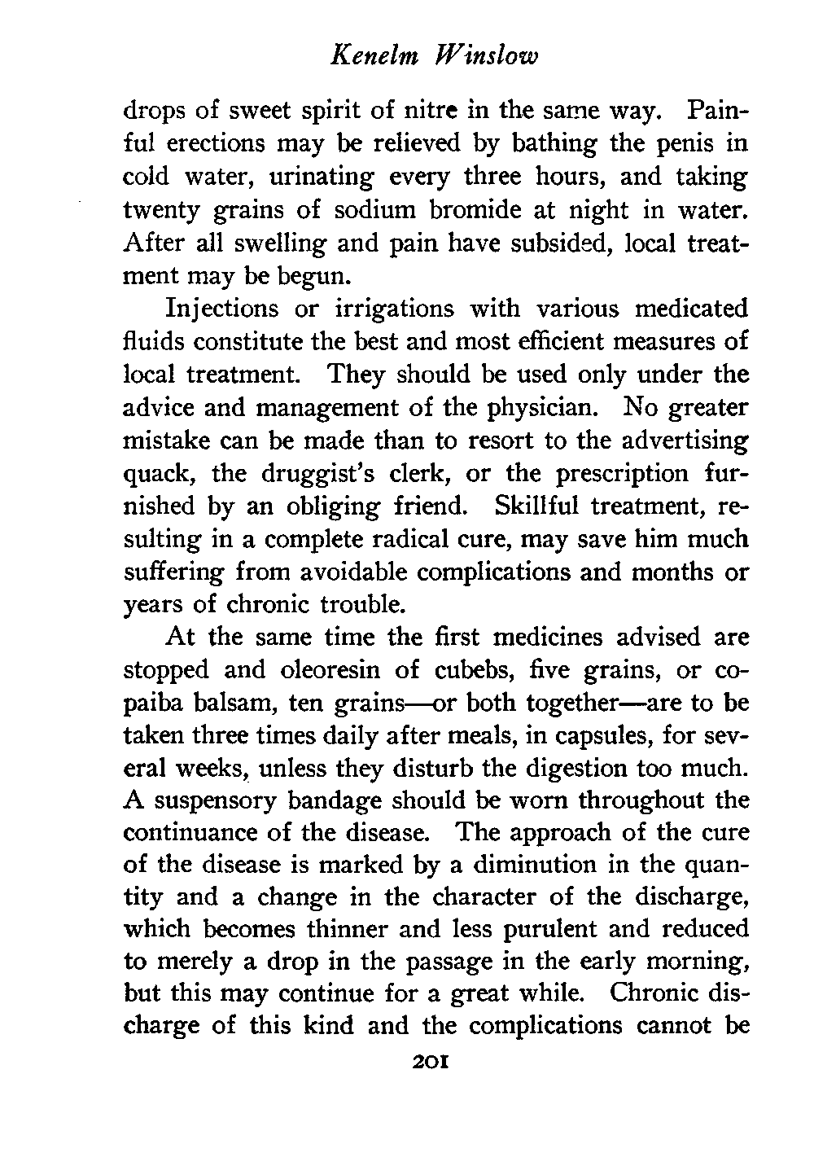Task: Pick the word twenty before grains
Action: coord(162,210)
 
